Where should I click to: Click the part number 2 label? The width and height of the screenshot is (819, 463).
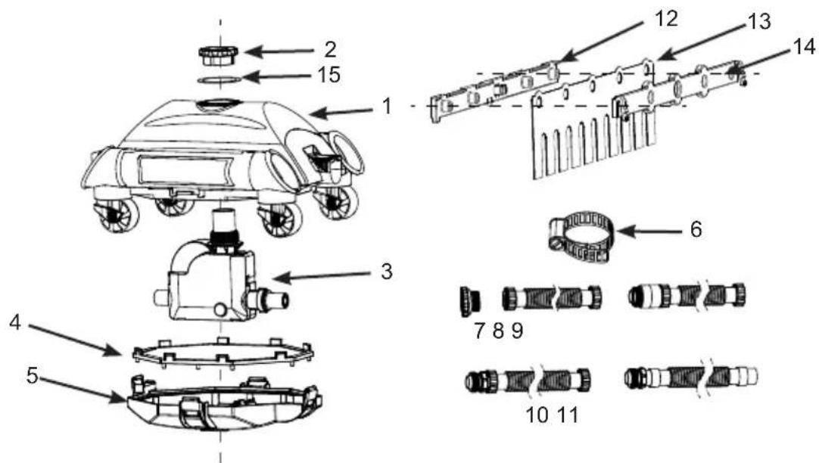330,50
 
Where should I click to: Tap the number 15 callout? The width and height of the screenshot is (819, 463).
329,75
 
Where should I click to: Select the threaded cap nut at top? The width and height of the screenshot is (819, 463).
218,55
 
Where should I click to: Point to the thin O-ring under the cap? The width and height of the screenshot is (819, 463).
220,79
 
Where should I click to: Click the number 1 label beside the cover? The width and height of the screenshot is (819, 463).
387,107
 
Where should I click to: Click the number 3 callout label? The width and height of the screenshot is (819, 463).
387,272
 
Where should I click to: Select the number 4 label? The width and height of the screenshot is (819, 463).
15,322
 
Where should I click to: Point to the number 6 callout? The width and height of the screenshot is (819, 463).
696,229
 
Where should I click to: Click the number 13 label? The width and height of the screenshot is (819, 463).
759,22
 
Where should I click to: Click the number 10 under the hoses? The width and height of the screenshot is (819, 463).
537,415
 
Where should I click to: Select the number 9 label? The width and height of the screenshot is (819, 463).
517,331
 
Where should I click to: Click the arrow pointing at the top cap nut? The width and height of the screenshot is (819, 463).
279,51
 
